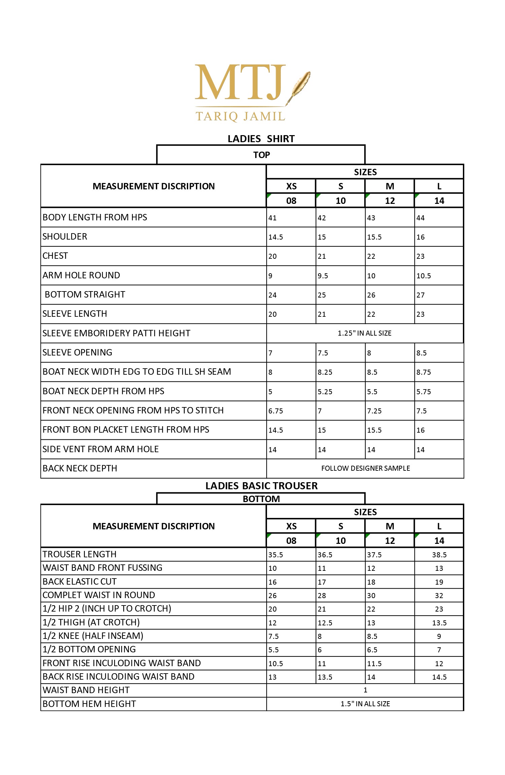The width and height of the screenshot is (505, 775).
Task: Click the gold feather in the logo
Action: point(299,87)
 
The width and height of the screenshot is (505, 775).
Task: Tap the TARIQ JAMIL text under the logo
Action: point(240,117)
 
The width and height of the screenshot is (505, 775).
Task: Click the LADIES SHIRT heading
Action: point(261,139)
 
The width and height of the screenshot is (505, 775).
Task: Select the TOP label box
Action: point(261,155)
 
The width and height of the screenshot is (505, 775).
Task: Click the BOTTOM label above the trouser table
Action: point(261,499)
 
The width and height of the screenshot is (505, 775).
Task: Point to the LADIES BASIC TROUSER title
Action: point(261,486)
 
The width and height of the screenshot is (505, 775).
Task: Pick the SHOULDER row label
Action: point(65,237)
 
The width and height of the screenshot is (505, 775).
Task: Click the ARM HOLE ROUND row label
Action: point(81,275)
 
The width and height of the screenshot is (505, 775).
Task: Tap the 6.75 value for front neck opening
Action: point(276,411)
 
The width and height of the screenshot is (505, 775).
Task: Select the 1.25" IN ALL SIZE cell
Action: point(365,333)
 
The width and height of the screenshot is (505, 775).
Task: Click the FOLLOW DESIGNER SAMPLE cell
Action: point(366,468)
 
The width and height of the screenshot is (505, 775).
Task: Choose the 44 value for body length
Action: point(420,218)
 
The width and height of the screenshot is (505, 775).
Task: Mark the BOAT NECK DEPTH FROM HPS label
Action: point(103,391)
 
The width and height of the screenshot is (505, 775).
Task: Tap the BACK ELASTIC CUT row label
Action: point(79,582)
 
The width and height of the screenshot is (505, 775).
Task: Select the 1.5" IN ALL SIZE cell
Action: point(365,704)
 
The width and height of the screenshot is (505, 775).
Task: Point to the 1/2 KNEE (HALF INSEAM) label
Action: point(93,636)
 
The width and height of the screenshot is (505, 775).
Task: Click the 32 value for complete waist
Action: point(439,596)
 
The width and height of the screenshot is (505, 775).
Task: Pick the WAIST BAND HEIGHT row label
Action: point(86,690)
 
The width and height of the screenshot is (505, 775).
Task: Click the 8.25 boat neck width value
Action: point(325,372)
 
